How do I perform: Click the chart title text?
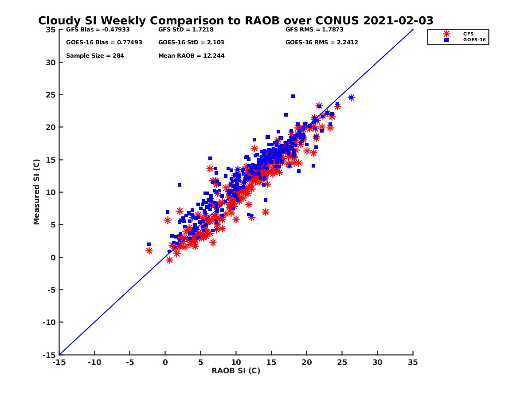(235, 21)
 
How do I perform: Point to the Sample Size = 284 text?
(95, 56)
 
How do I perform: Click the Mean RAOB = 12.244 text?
(192, 56)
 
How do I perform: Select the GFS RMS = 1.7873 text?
(314, 30)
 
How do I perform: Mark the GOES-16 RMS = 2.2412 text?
(322, 43)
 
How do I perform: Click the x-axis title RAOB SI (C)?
(236, 371)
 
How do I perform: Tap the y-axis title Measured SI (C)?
(37, 192)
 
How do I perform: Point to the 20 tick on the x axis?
(307, 362)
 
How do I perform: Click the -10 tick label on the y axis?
(49, 322)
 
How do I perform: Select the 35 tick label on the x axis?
(413, 362)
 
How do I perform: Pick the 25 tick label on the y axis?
(51, 95)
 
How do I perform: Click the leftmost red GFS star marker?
(149, 250)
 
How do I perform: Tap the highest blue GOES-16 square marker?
(293, 96)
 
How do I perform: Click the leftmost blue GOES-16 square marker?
(149, 244)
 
